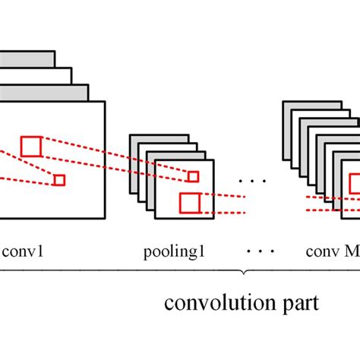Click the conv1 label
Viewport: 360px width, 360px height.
(x=24, y=250)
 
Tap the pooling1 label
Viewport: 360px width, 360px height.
(x=174, y=250)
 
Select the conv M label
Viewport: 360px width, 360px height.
(x=331, y=250)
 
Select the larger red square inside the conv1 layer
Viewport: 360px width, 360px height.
(x=31, y=146)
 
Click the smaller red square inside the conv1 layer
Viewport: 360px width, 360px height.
(x=59, y=180)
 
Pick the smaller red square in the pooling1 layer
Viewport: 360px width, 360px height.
(x=193, y=177)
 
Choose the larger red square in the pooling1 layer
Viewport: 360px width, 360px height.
(x=189, y=203)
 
